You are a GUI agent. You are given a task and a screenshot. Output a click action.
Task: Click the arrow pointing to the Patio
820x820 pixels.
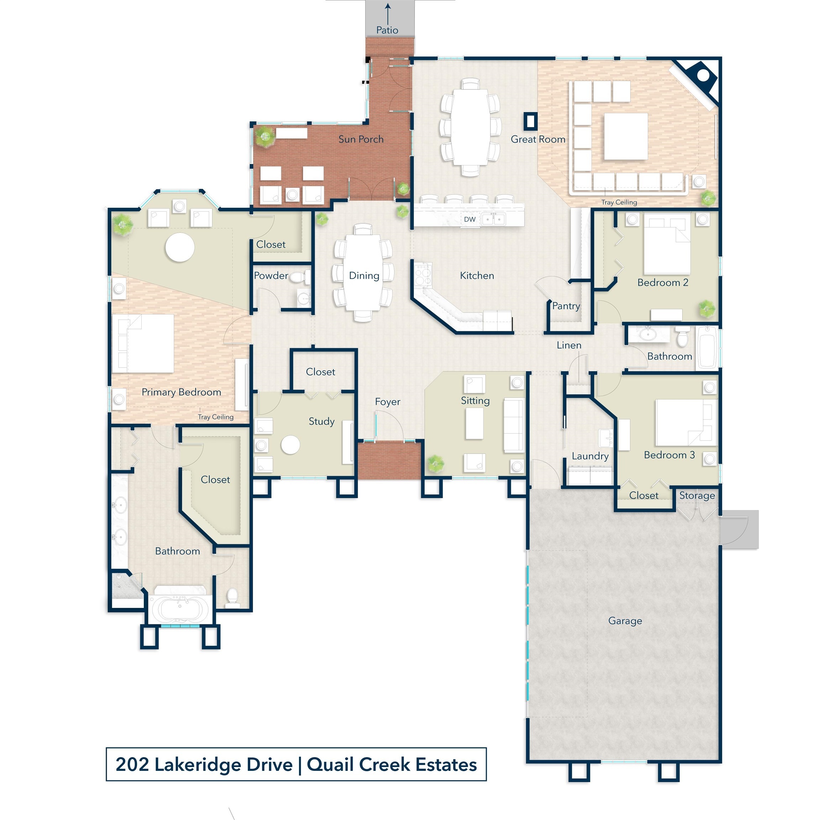(x=388, y=14)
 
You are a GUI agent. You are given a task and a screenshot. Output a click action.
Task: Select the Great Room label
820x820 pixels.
(x=538, y=139)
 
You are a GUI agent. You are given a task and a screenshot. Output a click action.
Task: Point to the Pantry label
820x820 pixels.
(x=566, y=306)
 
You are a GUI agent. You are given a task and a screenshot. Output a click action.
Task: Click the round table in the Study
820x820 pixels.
(x=290, y=445)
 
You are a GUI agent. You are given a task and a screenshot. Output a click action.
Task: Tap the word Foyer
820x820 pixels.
(x=388, y=402)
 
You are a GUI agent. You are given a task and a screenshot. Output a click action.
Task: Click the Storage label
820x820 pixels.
(x=697, y=495)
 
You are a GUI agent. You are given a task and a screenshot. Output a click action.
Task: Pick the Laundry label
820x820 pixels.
(x=590, y=456)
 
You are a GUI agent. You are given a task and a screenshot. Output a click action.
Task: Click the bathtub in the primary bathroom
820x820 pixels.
(x=179, y=608)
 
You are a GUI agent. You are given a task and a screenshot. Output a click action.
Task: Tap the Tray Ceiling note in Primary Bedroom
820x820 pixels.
(x=216, y=417)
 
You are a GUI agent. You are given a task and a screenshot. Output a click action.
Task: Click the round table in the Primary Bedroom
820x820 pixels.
(x=180, y=247)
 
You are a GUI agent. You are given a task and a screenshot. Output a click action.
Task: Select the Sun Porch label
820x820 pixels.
(x=361, y=139)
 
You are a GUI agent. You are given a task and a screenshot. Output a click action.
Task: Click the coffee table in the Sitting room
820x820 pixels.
(x=474, y=423)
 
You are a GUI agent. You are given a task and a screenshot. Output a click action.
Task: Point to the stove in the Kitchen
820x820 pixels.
(x=423, y=275)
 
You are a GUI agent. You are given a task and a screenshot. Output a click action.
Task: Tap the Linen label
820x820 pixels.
(x=569, y=346)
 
